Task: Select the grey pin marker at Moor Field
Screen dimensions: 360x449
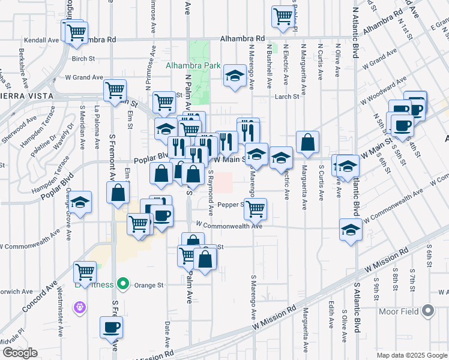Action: point(427,311)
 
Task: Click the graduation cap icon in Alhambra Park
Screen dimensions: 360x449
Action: point(235,76)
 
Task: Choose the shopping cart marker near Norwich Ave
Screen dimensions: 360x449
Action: point(85,272)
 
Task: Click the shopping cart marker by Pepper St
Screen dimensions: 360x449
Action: point(255,209)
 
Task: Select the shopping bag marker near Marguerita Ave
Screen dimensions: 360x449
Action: point(307,143)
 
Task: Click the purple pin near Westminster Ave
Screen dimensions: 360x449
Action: point(79,308)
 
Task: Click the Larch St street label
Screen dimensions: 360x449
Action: point(288,97)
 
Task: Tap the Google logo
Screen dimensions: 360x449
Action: point(20,353)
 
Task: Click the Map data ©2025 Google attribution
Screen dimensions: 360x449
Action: point(412,355)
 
